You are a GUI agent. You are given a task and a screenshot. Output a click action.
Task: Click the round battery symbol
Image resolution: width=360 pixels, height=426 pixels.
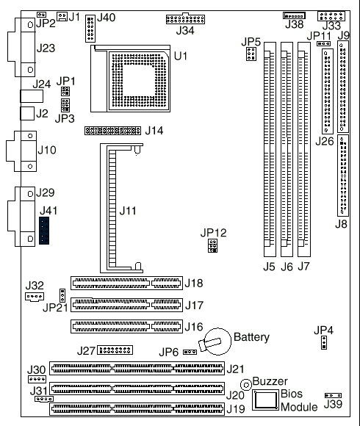point(217,342)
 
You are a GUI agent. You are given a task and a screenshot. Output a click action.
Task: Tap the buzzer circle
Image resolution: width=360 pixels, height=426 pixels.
point(246,385)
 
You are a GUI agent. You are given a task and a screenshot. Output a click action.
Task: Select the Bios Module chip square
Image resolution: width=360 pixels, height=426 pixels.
point(265,400)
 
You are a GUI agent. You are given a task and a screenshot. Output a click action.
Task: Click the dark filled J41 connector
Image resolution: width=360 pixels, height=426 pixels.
point(44,231)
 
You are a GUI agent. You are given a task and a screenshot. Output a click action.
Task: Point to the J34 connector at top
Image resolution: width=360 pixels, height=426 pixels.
point(185,19)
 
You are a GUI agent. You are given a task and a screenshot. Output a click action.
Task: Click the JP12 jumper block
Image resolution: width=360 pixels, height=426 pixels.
point(213,245)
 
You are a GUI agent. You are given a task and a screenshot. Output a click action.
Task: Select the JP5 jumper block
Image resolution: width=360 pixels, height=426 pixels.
point(251,54)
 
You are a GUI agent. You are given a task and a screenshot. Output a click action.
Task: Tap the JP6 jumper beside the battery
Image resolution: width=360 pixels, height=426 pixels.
point(190,352)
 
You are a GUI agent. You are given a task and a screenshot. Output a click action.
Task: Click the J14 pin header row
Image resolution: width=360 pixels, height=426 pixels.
point(112,131)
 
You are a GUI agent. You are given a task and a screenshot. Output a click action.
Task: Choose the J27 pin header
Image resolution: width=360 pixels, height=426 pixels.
point(115,350)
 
